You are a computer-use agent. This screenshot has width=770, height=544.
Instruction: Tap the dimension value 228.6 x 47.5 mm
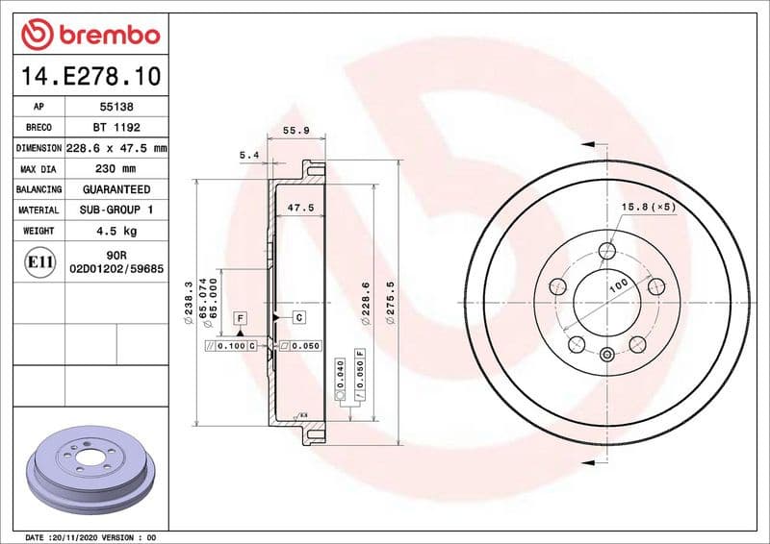pyautogui.click(x=116, y=148)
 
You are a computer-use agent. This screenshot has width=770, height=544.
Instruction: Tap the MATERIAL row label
pyautogui.click(x=38, y=210)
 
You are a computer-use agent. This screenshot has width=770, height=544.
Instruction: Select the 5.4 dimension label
pyautogui.click(x=249, y=154)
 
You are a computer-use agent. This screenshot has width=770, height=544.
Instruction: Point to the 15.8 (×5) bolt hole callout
pyautogui.click(x=649, y=207)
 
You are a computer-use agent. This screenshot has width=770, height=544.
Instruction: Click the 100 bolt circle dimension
pyautogui.click(x=617, y=284)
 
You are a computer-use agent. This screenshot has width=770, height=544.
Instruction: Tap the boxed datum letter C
pyautogui.click(x=298, y=316)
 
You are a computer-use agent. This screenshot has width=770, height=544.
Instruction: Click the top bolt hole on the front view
pyautogui.click(x=606, y=252)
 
